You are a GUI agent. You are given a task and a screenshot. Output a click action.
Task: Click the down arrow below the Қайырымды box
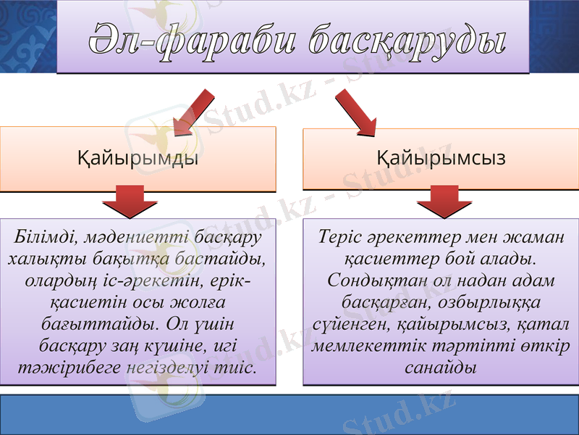coord(137,201)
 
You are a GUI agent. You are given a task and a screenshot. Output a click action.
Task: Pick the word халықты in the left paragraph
coord(38,259)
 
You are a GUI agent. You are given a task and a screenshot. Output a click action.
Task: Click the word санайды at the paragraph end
coord(439,367)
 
